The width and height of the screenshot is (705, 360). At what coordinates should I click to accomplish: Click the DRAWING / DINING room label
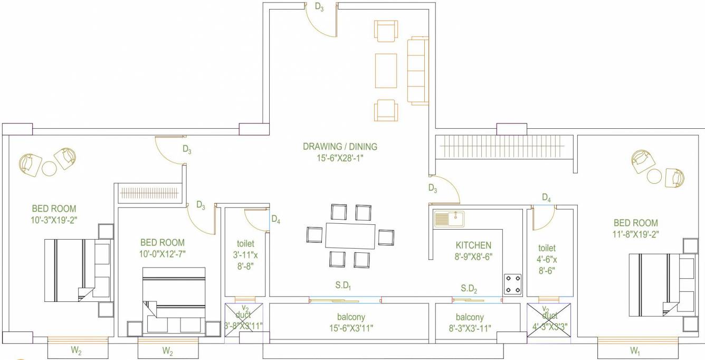click(x=340, y=146)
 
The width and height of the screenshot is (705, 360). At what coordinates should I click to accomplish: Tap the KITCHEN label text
click(x=473, y=245)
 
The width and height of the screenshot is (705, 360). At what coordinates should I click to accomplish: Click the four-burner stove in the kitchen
click(x=513, y=284)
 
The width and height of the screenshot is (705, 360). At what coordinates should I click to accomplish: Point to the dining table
click(x=350, y=236)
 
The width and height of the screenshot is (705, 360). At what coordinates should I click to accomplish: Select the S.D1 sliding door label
click(x=343, y=286)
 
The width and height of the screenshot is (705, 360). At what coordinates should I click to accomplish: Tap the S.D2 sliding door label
click(x=469, y=288)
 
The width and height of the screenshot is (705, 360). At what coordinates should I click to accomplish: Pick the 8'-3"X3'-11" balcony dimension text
click(x=469, y=328)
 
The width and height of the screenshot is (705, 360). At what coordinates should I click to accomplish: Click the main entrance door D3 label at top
click(x=319, y=7)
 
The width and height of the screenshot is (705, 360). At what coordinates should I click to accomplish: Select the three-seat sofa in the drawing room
click(x=419, y=70)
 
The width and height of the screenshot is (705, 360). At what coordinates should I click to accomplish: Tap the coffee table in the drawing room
click(x=386, y=71)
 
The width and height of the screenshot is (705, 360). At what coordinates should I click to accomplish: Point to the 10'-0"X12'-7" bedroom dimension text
click(x=163, y=253)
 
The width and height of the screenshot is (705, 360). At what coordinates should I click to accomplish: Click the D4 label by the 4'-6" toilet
click(x=547, y=198)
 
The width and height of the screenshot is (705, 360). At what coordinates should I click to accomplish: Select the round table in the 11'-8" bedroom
click(x=654, y=176)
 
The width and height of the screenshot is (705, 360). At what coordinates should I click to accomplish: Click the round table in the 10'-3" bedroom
click(x=49, y=168)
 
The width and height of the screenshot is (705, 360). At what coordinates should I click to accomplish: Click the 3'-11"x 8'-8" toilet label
click(x=245, y=255)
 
